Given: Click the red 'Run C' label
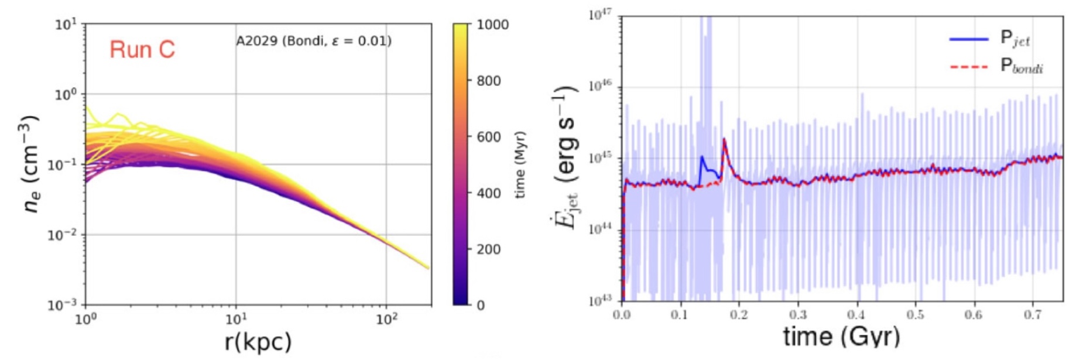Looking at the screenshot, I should click(142, 50).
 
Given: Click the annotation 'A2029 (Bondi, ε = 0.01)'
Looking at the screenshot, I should click(314, 42).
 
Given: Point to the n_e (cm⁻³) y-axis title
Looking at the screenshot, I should click(32, 164).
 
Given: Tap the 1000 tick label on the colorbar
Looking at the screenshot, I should click(492, 25).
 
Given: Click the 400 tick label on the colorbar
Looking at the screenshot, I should click(489, 193).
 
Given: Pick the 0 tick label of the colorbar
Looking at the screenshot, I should click(481, 306).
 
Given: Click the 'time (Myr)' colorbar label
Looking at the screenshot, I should click(520, 164).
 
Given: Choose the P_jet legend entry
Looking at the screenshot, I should click(1015, 39).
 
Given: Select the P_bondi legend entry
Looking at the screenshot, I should click(1021, 66).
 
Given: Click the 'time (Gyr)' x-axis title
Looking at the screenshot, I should click(841, 336).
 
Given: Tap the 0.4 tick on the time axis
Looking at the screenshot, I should click(856, 315).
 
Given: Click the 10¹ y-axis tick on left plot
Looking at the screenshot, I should click(66, 25).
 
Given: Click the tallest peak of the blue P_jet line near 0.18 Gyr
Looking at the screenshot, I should click(724, 139).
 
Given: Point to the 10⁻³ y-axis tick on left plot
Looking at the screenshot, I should click(62, 305).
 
